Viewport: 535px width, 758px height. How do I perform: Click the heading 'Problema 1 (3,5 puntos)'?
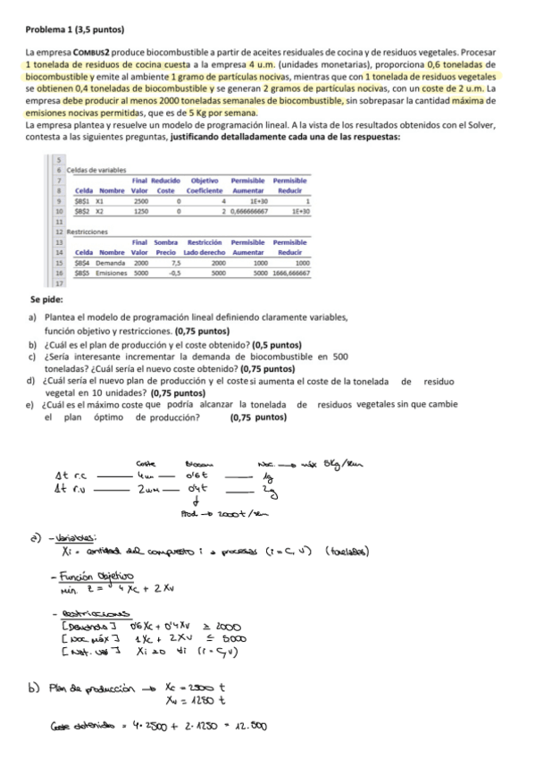pos(75,30)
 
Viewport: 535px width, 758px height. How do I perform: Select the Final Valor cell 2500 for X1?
pos(140,202)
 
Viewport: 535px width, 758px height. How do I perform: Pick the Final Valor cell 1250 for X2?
pos(140,212)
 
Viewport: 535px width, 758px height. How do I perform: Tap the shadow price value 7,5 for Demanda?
pos(176,264)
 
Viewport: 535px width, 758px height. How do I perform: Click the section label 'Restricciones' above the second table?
pos(88,231)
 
